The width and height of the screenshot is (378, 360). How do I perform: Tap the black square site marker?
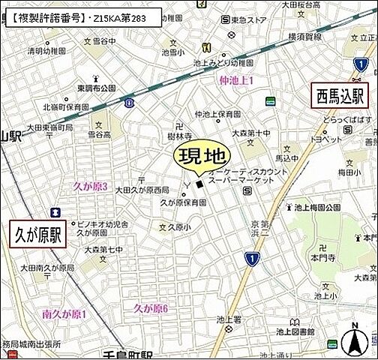click(199, 184)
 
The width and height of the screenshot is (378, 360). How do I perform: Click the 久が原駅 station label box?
click(37, 235)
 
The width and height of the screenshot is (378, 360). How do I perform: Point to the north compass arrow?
click(352, 340)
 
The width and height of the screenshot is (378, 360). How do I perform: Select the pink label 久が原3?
click(91, 186)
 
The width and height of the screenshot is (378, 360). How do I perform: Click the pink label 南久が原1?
click(65, 313)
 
